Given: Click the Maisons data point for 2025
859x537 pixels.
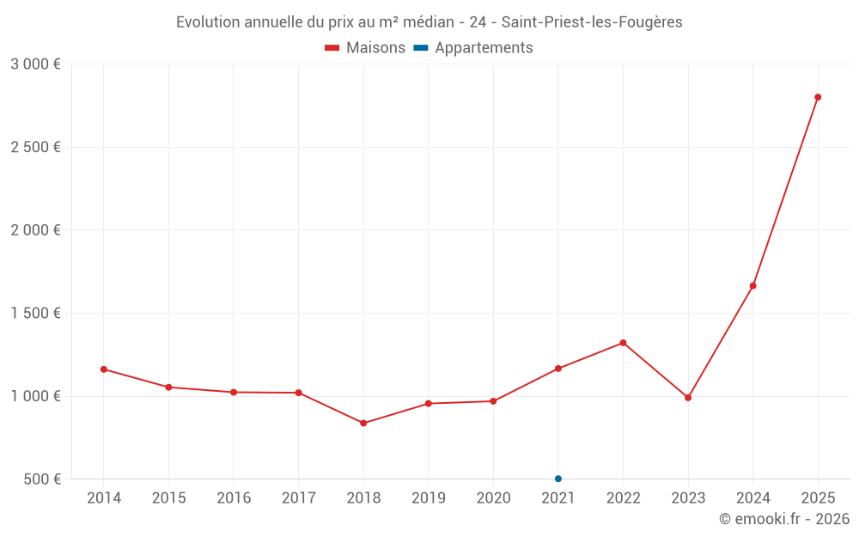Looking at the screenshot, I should point(818,97).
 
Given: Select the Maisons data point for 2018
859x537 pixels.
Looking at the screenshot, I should point(363,423).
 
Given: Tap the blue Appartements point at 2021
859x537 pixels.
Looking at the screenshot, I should point(558,479).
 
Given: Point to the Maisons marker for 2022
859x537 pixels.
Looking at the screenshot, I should point(623,343).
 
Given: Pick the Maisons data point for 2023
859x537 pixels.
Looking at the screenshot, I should point(688,398).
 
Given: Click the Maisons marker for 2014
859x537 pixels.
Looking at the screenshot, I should point(104,369).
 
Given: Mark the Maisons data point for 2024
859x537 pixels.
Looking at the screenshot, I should point(752,286).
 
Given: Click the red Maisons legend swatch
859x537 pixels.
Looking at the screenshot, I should point(332,48).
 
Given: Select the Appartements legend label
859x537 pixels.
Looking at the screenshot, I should point(484,48).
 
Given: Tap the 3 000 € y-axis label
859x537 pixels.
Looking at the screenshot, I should point(35,64).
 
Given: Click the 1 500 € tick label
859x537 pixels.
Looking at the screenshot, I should point(35,313).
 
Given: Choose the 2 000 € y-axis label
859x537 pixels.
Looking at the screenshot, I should point(35,230).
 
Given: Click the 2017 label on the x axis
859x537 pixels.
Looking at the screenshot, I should point(298,498).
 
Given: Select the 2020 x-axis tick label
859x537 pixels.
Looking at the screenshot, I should point(493,498).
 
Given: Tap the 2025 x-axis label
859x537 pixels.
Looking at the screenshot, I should point(818,498).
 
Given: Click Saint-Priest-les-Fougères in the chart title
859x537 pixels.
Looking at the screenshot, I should point(592,22).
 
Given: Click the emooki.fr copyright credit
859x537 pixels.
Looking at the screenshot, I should point(784,519).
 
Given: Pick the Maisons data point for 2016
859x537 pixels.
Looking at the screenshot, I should point(234,392).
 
